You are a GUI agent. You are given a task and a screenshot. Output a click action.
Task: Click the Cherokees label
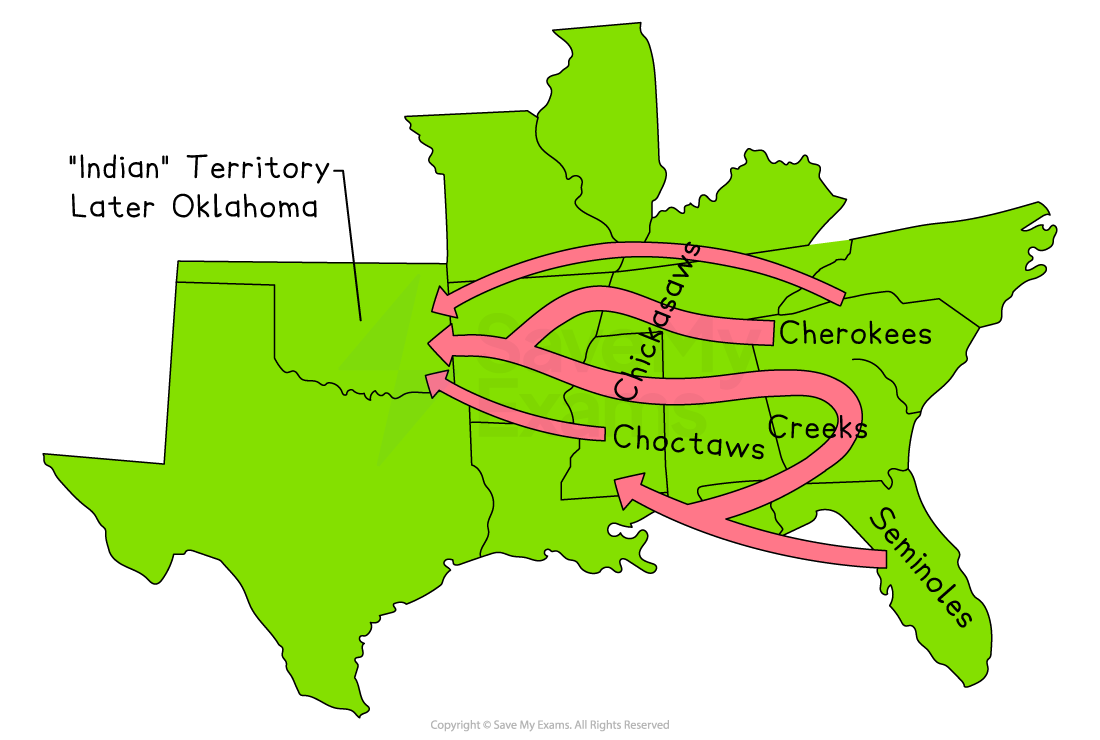[x=855, y=333]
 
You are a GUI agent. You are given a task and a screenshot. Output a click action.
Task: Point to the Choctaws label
[x=688, y=440]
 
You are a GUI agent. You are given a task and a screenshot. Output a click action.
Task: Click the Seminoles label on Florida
[x=920, y=567]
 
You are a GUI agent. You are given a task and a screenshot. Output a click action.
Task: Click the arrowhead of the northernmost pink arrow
[x=442, y=300]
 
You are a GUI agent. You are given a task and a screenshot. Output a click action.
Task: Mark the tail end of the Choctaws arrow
[x=601, y=432]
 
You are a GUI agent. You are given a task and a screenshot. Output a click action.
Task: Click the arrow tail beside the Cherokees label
[x=770, y=333]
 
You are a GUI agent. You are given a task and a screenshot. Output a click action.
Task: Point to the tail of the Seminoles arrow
[x=880, y=558]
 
